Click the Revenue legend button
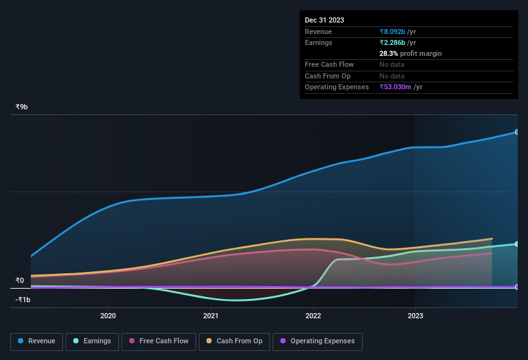37,341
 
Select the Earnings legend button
93,341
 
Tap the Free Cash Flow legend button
159,341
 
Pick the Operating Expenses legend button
318,341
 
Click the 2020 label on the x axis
108,316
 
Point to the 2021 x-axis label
211,316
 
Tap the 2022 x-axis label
313,316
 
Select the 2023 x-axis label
415,316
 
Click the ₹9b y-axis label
22,107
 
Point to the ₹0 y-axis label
19,280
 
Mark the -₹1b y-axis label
23,300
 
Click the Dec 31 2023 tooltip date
324,20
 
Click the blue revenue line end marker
517,132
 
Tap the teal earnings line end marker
517,244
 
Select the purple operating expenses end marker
517,287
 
